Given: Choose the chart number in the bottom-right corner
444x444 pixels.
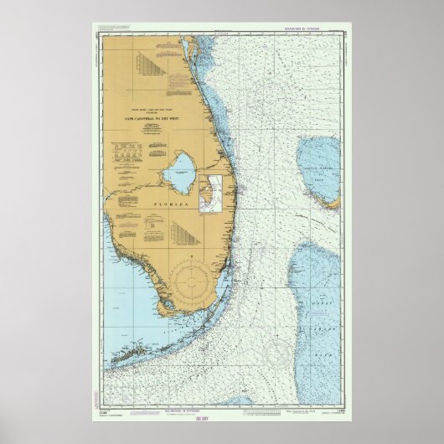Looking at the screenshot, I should pyautogui.click(x=334, y=407).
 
